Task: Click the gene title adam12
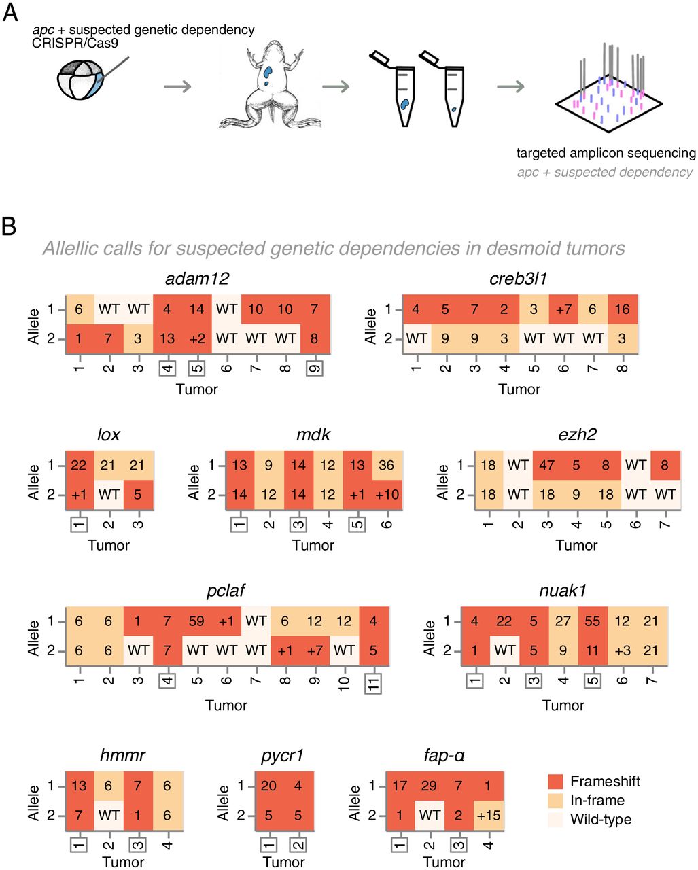point(196,279)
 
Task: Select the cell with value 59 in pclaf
point(196,621)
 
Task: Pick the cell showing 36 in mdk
point(387,465)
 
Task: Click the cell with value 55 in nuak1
point(593,621)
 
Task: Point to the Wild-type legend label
point(601,819)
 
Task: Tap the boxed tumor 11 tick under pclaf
point(373,682)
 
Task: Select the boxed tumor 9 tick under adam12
point(315,368)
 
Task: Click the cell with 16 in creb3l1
point(622,309)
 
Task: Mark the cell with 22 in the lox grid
point(79,465)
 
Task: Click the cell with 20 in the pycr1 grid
point(269,786)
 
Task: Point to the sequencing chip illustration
point(610,95)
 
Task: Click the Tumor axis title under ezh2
point(576,545)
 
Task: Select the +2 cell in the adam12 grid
point(196,339)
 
